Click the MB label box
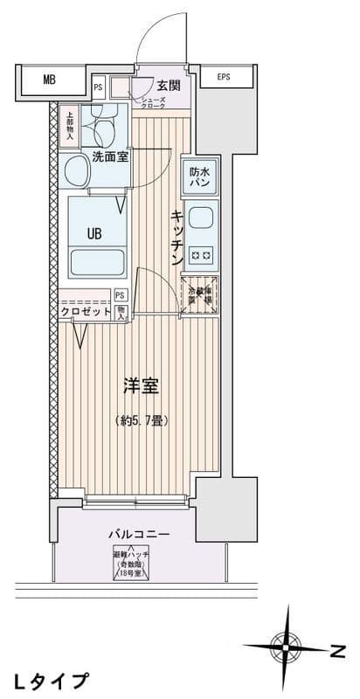coord(49,80)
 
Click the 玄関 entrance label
coord(168,86)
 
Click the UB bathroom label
coord(94,233)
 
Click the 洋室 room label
coord(139,384)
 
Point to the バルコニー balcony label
coord(139,532)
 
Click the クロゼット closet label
coord(85,311)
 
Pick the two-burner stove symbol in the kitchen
coord(201,255)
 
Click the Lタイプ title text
coord(51,680)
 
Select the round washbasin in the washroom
coord(73,173)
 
